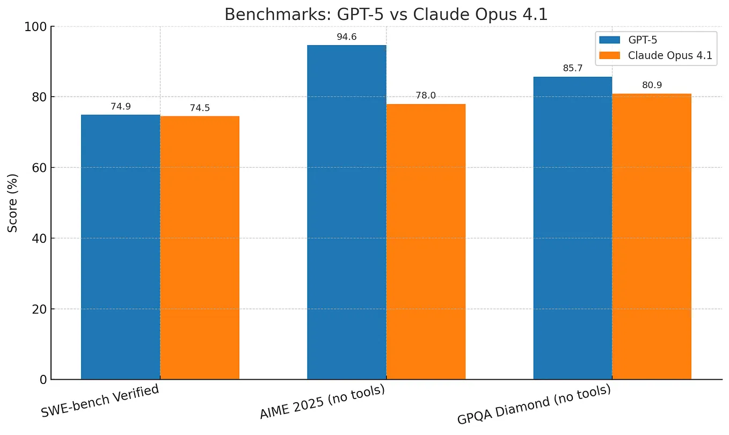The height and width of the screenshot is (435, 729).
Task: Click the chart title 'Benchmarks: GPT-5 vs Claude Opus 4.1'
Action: tap(386, 14)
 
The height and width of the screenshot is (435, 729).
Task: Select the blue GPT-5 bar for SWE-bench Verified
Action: tap(120, 247)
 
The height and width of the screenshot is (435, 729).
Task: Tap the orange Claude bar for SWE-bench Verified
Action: tap(200, 248)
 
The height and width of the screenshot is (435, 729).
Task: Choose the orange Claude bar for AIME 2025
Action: tap(426, 242)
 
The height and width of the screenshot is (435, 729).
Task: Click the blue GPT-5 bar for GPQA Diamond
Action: tap(573, 228)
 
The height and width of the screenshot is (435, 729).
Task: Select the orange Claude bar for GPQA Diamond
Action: tap(652, 236)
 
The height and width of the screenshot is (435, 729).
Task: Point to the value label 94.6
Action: tap(347, 37)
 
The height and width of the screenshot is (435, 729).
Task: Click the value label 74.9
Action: tap(121, 106)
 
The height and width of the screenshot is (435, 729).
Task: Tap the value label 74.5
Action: tap(200, 108)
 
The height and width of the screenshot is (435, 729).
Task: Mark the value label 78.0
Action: tap(426, 96)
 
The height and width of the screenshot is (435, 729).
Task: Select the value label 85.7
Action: tap(573, 69)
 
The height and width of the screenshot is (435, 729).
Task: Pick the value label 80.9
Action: tap(652, 85)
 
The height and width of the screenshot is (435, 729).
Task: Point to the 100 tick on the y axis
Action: tap(36, 26)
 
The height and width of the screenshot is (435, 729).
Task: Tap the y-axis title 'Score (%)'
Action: tap(13, 203)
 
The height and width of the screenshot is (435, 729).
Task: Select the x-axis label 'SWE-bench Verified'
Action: tap(100, 401)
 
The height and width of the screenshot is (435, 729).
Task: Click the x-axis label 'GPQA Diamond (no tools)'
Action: tap(534, 405)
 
